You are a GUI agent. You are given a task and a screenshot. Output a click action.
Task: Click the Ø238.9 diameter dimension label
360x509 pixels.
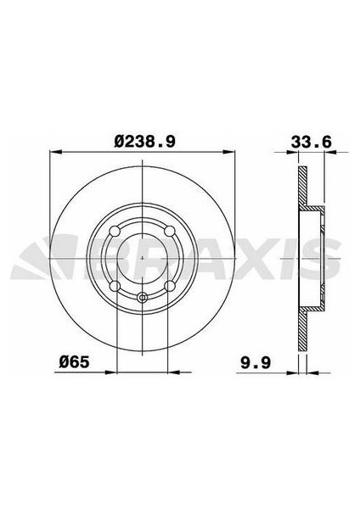[x=145, y=142]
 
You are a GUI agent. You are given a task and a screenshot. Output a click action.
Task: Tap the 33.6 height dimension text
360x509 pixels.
[x=312, y=143]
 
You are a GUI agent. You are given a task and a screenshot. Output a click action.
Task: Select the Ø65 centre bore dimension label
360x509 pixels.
[x=74, y=362]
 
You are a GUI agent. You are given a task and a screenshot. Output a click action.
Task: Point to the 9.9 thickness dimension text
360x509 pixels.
[x=256, y=362]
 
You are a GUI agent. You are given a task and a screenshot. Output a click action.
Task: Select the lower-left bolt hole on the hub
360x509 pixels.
[x=115, y=286]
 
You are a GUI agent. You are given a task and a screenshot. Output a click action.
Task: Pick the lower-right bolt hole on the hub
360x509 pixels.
[x=169, y=286]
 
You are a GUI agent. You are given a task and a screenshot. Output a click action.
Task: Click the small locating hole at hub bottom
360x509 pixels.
[x=142, y=297]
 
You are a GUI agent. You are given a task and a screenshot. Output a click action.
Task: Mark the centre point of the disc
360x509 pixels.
[x=143, y=259]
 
